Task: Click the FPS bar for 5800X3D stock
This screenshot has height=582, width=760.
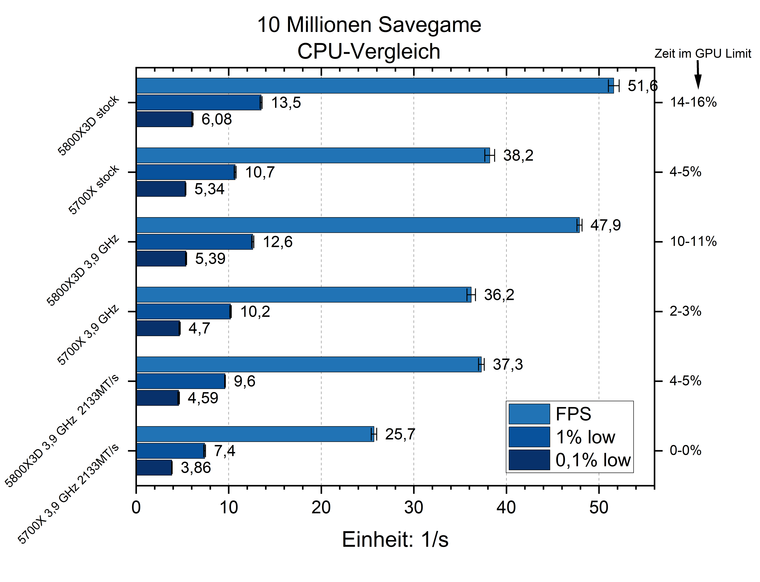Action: pyautogui.click(x=374, y=86)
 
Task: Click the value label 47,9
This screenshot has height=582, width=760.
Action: pyautogui.click(x=605, y=225)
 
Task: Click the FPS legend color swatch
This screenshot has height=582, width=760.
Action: pyautogui.click(x=529, y=414)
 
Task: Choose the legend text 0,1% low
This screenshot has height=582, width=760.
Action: pyautogui.click(x=593, y=460)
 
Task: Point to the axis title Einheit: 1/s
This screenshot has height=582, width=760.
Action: pyautogui.click(x=395, y=540)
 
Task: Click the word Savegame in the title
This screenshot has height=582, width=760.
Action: pyautogui.click(x=429, y=25)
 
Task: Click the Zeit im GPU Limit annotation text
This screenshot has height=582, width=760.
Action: pyautogui.click(x=702, y=54)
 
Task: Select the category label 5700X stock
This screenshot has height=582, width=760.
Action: pyautogui.click(x=94, y=190)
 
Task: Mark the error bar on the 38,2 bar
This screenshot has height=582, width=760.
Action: pyautogui.click(x=489, y=155)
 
